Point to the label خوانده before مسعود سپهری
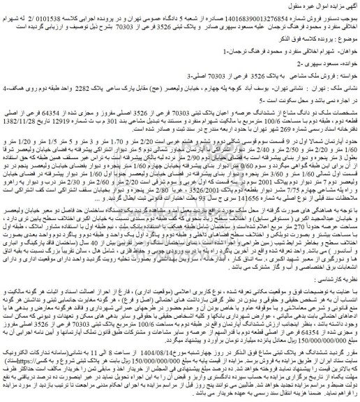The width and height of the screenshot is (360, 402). pyautogui.click(x=343, y=75)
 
